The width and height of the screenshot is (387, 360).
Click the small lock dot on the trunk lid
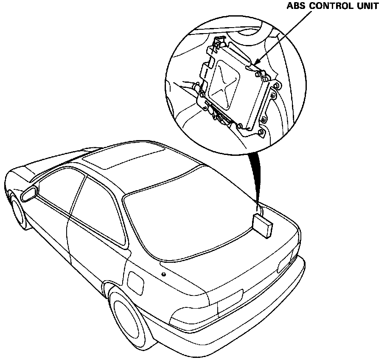pos(163,274)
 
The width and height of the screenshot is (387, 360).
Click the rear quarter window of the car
pos(102,212)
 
